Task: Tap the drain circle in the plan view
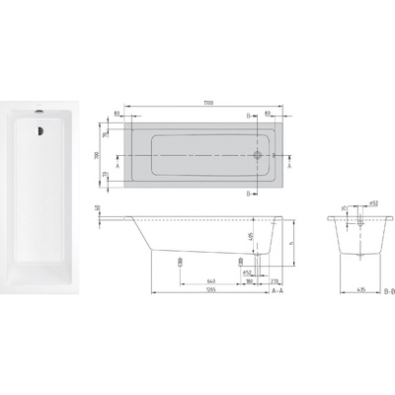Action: pyautogui.click(x=260, y=155)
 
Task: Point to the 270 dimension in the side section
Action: pyautogui.click(x=270, y=279)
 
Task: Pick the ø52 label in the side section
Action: pyautogui.click(x=248, y=271)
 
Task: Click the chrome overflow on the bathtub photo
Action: pyautogui.click(x=37, y=112)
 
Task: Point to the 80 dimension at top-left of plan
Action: pyautogui.click(x=130, y=115)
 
